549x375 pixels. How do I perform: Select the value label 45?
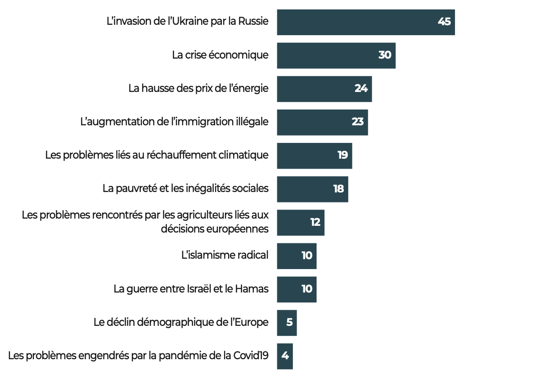444,22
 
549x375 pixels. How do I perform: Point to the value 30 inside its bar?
385,55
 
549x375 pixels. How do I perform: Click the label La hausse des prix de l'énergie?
198,88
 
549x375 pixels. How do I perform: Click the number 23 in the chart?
358,122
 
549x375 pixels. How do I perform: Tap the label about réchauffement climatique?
157,155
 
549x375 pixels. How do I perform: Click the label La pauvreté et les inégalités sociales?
185,188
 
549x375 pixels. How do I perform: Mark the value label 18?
338,189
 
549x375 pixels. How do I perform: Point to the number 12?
315,222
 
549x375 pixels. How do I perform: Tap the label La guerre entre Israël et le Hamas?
191,288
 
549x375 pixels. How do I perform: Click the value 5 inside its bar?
289,322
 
